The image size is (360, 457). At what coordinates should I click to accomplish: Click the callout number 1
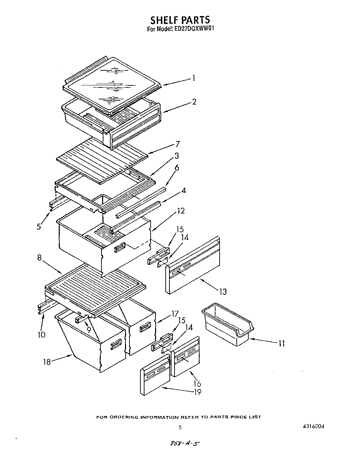point(194,78)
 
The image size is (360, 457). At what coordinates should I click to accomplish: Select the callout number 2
point(194,102)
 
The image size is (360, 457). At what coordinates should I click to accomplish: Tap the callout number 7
point(178,144)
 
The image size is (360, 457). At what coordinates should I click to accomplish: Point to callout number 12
point(181,211)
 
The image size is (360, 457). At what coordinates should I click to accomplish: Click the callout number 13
point(223,292)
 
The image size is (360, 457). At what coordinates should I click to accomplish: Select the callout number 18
point(46,362)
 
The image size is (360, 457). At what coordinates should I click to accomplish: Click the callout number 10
point(41,335)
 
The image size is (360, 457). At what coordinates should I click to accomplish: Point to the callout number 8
point(40,258)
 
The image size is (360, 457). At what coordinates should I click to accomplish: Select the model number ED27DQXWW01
point(195,29)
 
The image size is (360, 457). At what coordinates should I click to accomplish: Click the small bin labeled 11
point(227,324)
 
